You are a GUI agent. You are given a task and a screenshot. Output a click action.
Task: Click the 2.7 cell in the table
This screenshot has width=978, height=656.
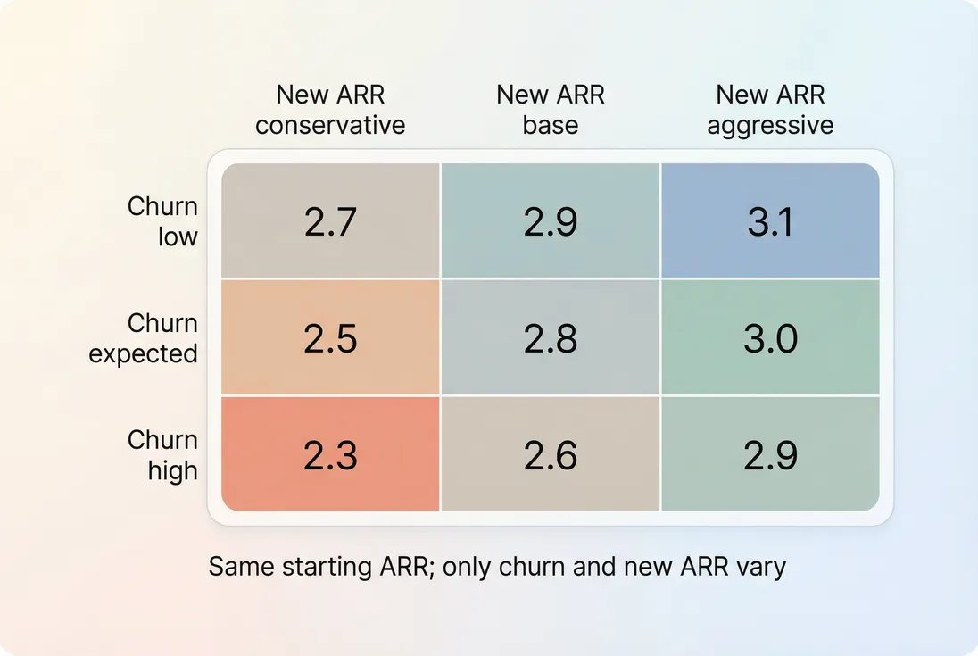(x=330, y=221)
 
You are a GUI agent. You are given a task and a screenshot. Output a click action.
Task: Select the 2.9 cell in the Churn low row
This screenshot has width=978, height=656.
(x=551, y=221)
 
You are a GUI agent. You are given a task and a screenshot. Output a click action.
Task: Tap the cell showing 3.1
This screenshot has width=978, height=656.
(x=770, y=221)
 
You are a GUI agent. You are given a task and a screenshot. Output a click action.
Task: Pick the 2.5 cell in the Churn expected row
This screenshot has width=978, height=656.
(x=330, y=338)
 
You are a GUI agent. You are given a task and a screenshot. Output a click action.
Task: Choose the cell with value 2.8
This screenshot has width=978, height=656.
(x=551, y=338)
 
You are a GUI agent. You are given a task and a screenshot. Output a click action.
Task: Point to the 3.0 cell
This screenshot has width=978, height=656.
(x=770, y=338)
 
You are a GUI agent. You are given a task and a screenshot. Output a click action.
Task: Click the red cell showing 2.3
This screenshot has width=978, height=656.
(x=330, y=455)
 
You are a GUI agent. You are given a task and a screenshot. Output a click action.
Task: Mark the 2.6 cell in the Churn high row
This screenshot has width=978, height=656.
(x=551, y=455)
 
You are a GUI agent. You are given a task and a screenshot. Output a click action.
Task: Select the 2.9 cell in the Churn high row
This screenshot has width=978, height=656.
(x=770, y=455)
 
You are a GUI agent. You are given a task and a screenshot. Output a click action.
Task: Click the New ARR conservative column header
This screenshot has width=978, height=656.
(x=330, y=110)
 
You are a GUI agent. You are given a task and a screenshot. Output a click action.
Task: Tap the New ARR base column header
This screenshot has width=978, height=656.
(x=551, y=110)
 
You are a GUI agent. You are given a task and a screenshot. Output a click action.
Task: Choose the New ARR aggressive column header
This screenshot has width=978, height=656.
(x=770, y=110)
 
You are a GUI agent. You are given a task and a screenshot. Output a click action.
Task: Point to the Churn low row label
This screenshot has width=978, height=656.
(x=162, y=221)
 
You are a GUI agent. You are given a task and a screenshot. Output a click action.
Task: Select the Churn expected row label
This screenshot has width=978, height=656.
(x=144, y=338)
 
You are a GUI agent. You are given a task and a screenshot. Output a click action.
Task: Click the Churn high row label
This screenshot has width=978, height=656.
(x=162, y=455)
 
